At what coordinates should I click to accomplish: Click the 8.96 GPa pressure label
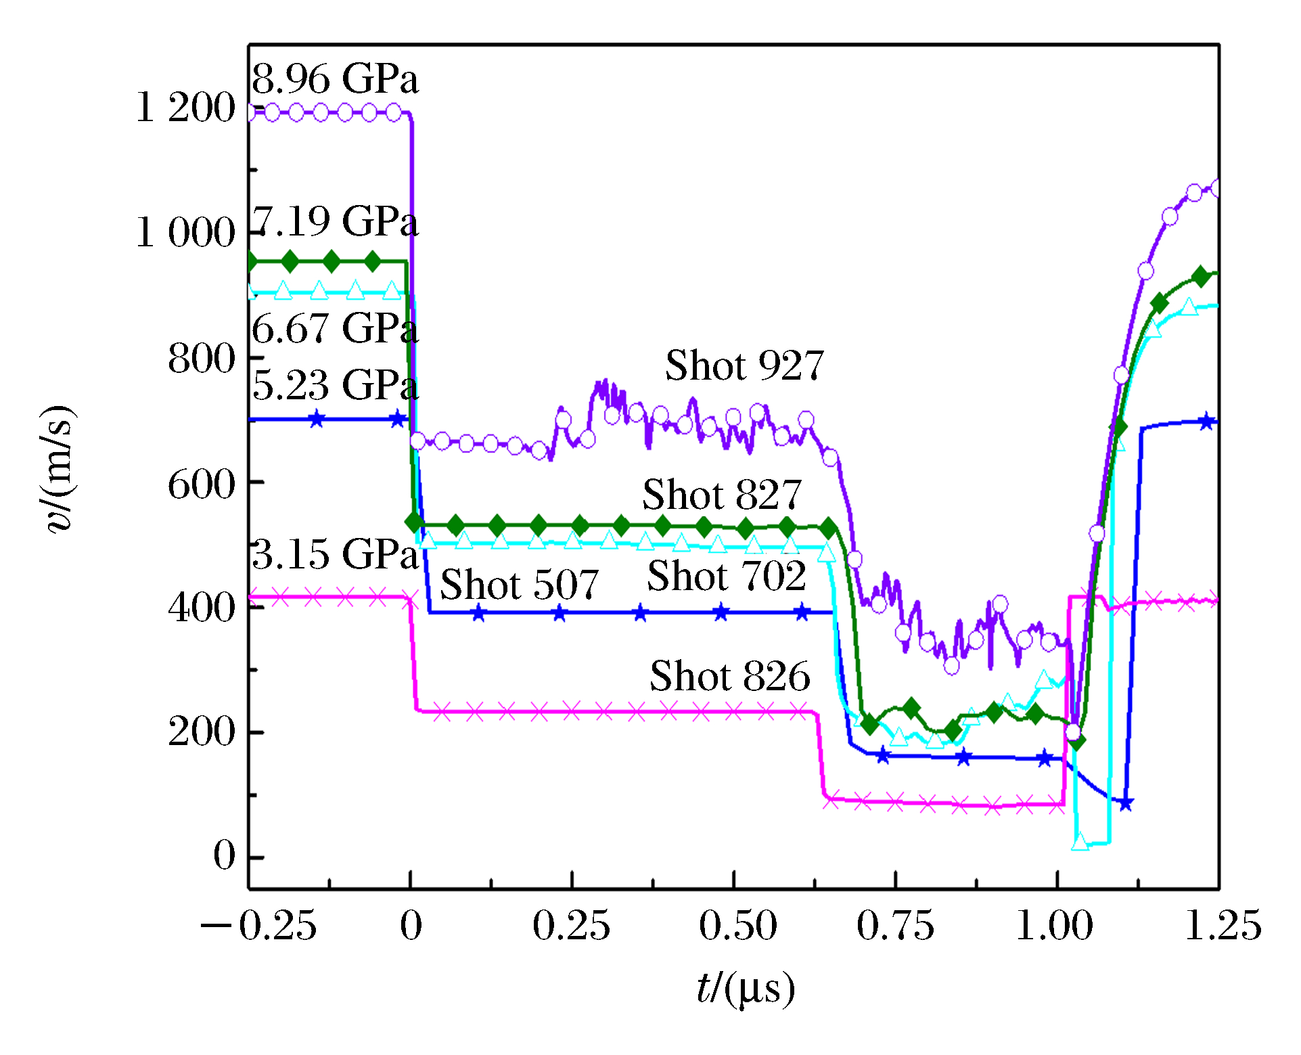(335, 79)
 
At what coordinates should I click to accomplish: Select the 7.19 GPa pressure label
(335, 222)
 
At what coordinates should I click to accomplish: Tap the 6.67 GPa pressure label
(335, 329)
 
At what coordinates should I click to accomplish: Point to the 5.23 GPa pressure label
(335, 385)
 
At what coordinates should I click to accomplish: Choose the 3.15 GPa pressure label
(335, 554)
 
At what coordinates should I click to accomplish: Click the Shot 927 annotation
(744, 366)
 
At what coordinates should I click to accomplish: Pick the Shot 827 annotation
(721, 495)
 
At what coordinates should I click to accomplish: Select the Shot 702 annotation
(726, 577)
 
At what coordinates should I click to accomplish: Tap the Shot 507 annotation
(519, 585)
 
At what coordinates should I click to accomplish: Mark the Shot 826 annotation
(729, 676)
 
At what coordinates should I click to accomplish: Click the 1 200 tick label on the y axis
(185, 108)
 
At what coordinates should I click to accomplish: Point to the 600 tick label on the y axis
(201, 485)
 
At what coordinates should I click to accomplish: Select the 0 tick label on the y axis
(224, 855)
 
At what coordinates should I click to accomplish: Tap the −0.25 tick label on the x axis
(258, 926)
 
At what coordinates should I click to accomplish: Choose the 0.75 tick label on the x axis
(895, 926)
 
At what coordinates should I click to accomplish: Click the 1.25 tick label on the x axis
(1223, 926)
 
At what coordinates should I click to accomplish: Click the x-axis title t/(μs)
(745, 989)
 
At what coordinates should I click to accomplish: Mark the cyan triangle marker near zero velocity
(1080, 842)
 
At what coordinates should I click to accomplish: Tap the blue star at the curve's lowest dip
(1126, 804)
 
